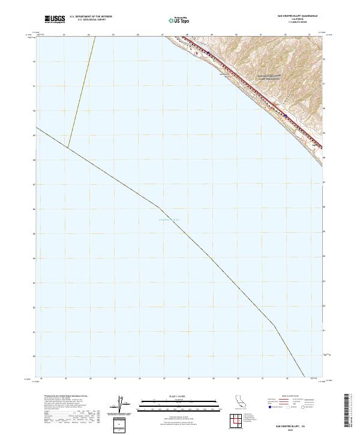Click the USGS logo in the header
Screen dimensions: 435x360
tap(55, 19)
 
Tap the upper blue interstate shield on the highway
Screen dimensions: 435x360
tap(208, 52)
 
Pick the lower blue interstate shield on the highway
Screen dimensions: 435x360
tap(285, 116)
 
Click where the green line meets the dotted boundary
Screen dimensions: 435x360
tap(68, 148)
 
